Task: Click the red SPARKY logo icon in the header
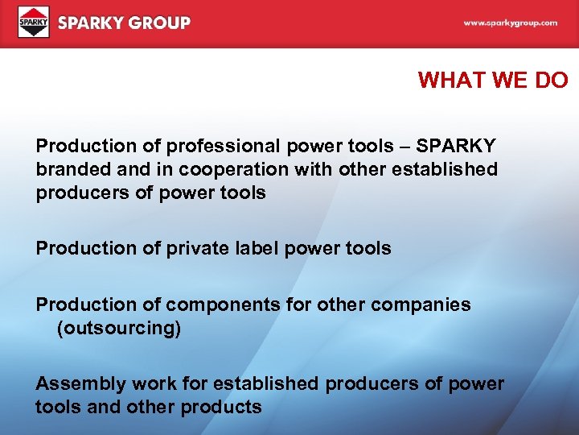pyautogui.click(x=34, y=23)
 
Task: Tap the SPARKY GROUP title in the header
pyautogui.click(x=124, y=23)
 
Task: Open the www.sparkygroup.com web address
pyautogui.click(x=510, y=23)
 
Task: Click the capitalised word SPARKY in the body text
pyautogui.click(x=456, y=147)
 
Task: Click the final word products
pyautogui.click(x=221, y=408)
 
